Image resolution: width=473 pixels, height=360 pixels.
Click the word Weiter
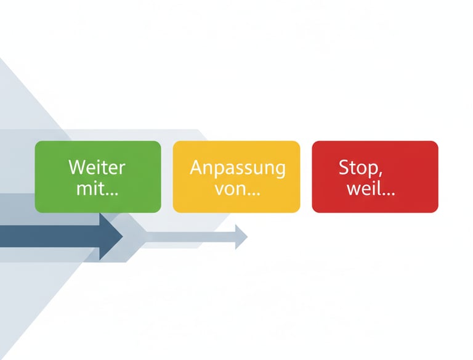point(97,167)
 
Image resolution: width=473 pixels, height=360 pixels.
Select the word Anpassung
point(237,168)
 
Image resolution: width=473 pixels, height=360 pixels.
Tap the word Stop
point(355,167)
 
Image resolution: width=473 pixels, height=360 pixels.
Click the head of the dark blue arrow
point(111,236)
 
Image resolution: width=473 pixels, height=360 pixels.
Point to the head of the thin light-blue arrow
point(241,236)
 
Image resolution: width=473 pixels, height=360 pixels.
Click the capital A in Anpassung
point(196,167)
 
